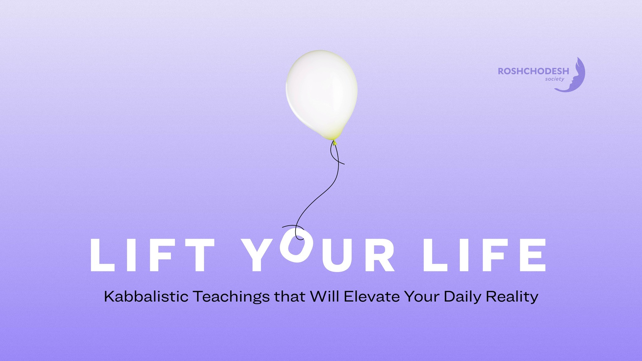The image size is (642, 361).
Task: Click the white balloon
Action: click(322, 94)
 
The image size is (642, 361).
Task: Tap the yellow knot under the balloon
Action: click(334, 143)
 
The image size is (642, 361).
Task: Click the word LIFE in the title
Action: click(485, 255)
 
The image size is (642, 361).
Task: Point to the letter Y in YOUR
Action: click(260, 255)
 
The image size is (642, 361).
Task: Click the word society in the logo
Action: click(555, 79)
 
